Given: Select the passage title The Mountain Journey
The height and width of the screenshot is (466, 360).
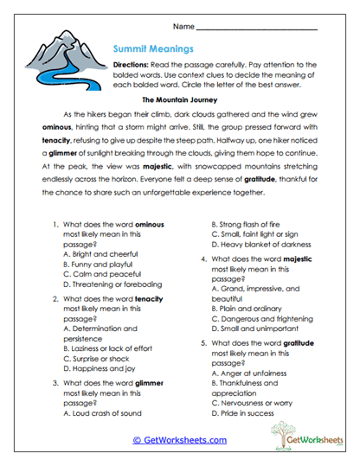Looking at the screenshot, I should tap(179, 100).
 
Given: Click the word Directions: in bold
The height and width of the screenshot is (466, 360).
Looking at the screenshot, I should tap(134, 66).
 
